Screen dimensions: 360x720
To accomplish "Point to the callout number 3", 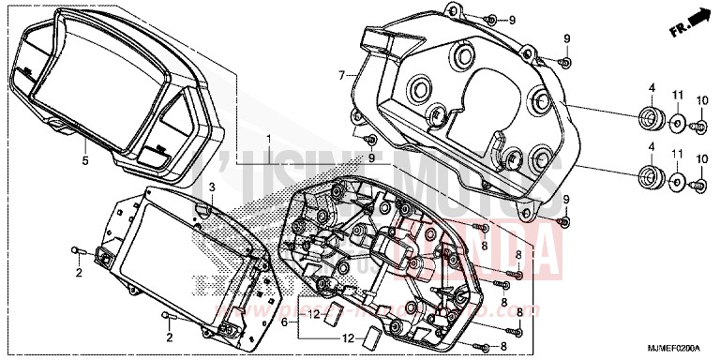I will [212, 187].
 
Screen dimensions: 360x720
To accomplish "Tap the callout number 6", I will [284, 322].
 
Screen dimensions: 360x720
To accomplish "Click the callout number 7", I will [343, 73].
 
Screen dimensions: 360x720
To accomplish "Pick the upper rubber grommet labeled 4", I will [646, 120].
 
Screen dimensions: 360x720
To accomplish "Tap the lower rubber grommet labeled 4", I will [646, 175].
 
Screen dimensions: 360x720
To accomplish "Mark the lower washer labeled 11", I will [677, 179].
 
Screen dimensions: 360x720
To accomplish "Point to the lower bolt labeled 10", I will [699, 185].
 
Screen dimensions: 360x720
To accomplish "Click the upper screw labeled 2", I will [78, 251].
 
